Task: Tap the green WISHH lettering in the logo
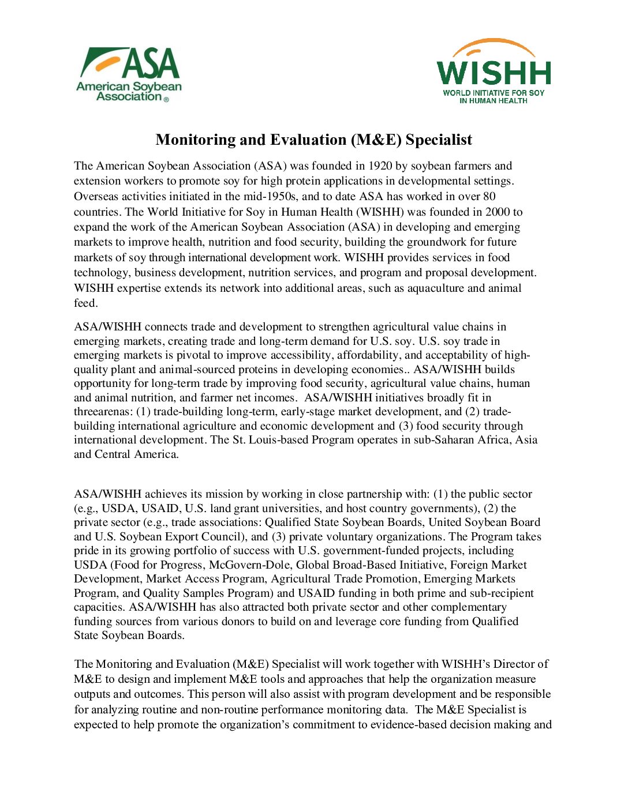494,72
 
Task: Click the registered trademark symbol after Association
167,100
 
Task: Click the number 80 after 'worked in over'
489,196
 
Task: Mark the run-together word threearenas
103,412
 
